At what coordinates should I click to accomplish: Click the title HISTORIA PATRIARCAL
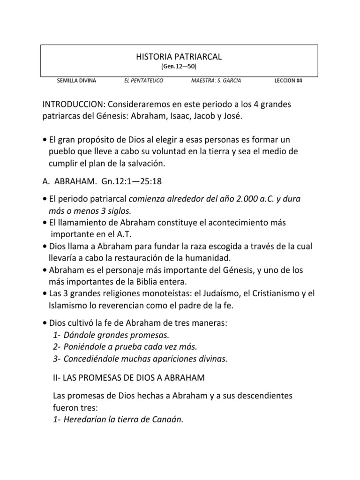coord(179,57)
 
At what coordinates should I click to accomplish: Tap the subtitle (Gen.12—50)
coord(179,67)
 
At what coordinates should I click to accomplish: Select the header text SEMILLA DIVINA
coord(76,81)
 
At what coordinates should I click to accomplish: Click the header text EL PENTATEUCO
coord(143,81)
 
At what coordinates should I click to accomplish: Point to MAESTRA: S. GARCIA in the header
coord(217,81)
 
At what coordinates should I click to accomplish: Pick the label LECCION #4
coord(288,81)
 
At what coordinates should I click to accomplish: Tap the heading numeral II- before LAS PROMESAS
coord(59,378)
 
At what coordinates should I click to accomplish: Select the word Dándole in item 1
coord(79,335)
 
